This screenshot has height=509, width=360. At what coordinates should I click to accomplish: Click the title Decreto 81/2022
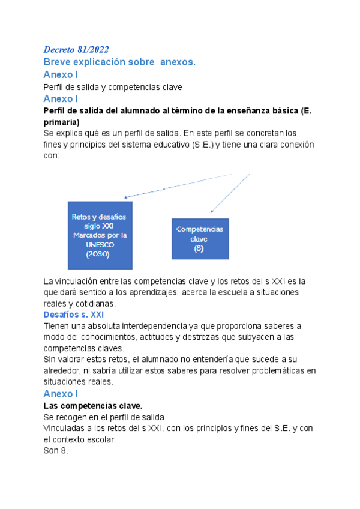pyautogui.click(x=76, y=49)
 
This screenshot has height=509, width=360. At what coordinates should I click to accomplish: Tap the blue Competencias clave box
pyautogui.click(x=199, y=239)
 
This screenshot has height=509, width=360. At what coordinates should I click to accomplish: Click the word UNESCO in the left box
pyautogui.click(x=99, y=244)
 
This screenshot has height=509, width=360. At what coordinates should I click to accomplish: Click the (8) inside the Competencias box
pyautogui.click(x=199, y=248)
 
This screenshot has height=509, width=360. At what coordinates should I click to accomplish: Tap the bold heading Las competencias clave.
pyautogui.click(x=93, y=406)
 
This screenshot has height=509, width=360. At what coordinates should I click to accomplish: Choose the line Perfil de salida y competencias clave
pyautogui.click(x=113, y=87)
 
